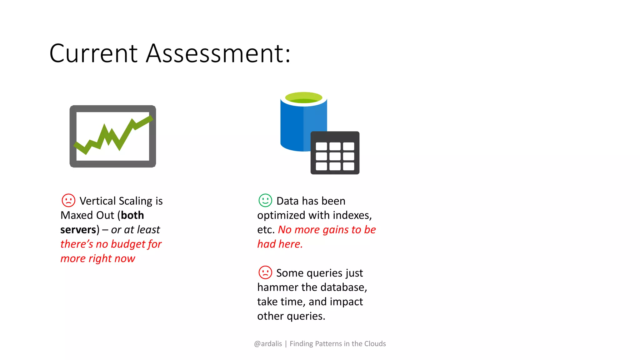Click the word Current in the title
93,53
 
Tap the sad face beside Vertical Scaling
68,200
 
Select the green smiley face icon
265,200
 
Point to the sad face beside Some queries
265,272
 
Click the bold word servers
78,230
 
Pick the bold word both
132,215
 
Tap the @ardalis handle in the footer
268,344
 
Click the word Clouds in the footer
375,344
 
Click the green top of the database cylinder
303,97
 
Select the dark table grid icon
335,153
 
